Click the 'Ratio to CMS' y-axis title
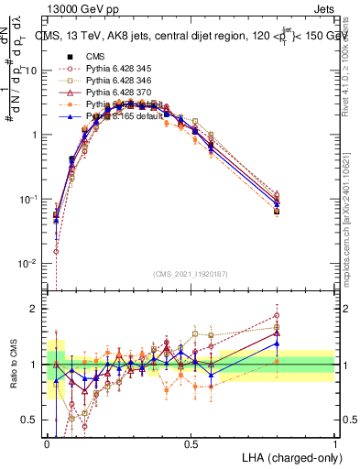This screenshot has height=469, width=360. point(12,365)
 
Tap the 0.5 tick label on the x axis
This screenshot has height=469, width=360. point(191,442)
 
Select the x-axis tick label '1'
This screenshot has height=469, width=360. point(335,442)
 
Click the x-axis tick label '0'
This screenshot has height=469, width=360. point(47,442)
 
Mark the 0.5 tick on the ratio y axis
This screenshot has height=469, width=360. point(33,420)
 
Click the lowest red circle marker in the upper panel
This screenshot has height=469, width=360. point(56,251)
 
